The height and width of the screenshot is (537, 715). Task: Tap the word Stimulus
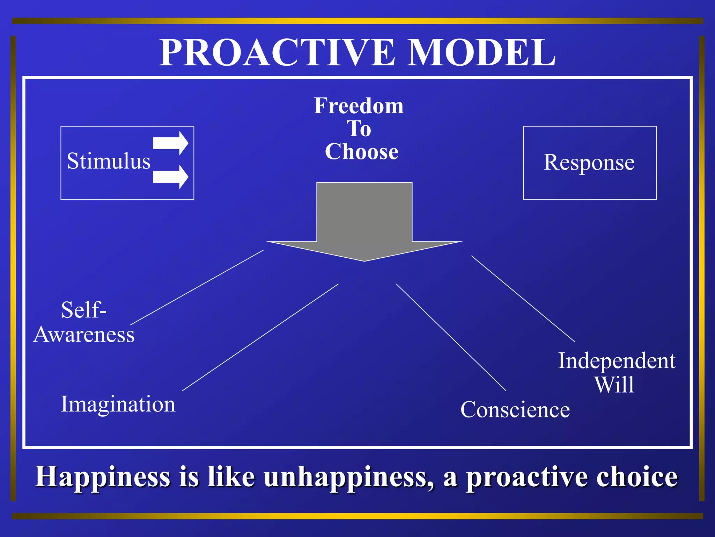coord(108,161)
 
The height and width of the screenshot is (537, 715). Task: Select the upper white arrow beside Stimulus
coord(170,143)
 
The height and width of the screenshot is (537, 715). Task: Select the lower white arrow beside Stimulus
coord(170,177)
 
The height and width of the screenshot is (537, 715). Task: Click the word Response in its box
coord(589,163)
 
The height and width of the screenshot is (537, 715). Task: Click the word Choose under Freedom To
coord(362,152)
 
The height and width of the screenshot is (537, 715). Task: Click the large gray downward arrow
coord(364,220)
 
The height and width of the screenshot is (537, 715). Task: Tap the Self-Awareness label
coord(84,322)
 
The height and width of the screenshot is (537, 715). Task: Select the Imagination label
coord(118,404)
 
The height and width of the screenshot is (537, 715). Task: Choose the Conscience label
coord(515,409)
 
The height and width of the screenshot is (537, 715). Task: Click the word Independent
coord(617,361)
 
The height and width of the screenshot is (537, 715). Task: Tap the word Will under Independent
coord(614,385)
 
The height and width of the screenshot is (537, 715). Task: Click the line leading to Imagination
coord(260,337)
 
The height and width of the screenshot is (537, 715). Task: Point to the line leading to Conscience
coord(451,337)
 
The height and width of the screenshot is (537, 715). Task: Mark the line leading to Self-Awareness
coord(197,287)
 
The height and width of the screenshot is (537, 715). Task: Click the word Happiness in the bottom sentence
coord(103,477)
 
